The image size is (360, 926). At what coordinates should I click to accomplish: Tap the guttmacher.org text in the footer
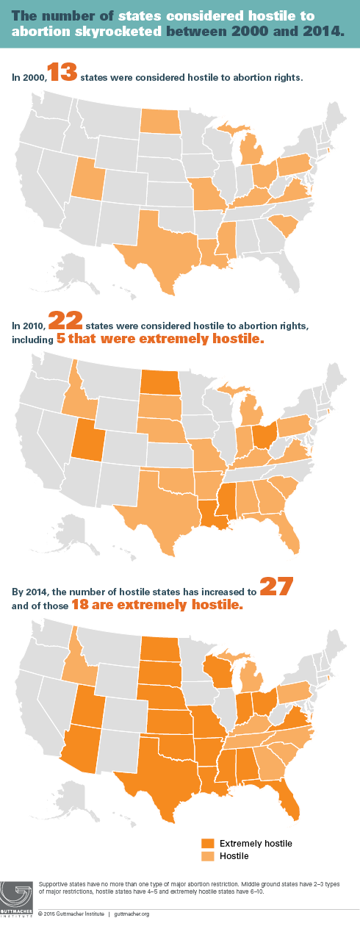pyautogui.click(x=132, y=914)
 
